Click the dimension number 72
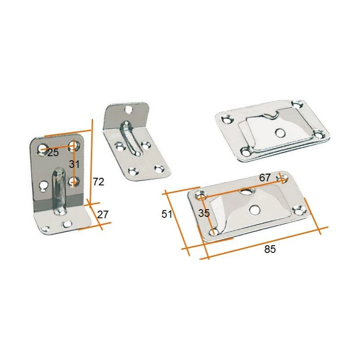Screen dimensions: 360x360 pos(99,182)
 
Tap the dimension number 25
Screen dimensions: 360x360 pos(53,153)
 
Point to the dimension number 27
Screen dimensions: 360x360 pos(103,214)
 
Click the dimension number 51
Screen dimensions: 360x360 pos(167,214)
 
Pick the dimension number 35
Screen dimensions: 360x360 pos(204,213)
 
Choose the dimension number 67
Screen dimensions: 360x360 pos(265,178)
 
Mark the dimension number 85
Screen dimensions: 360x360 pos(270,249)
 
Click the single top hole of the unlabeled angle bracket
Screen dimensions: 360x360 pos(129,109)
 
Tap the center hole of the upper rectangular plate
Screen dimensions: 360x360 pos(279,132)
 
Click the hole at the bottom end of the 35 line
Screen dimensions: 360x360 pos(214,232)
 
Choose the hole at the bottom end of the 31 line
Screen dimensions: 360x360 pos(74,182)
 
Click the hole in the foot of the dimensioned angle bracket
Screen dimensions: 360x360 pos(67,223)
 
